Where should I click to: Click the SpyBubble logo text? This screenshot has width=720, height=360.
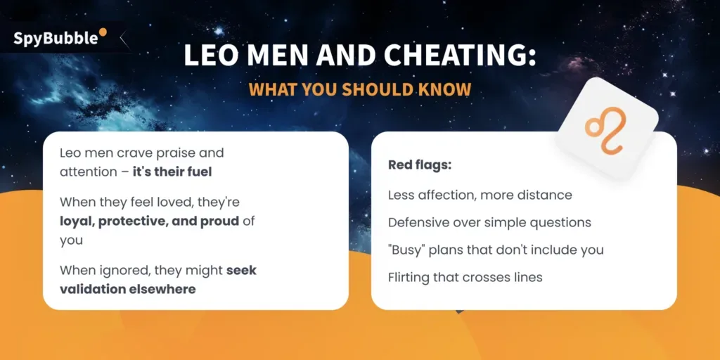pos(56,39)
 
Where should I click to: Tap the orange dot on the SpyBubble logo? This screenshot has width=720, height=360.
pos(103,32)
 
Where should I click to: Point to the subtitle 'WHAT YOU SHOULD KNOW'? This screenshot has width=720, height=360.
pos(359,90)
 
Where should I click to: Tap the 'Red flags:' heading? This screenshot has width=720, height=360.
pos(419,165)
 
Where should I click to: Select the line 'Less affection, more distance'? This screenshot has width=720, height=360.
pos(480,194)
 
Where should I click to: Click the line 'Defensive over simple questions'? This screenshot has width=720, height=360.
pos(489,222)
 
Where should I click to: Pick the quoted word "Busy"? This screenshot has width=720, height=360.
pos(409,250)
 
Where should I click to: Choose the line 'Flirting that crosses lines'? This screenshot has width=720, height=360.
pos(465,277)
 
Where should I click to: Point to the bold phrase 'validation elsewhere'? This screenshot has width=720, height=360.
pos(127,288)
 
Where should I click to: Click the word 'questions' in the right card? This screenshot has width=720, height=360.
pos(562,222)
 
